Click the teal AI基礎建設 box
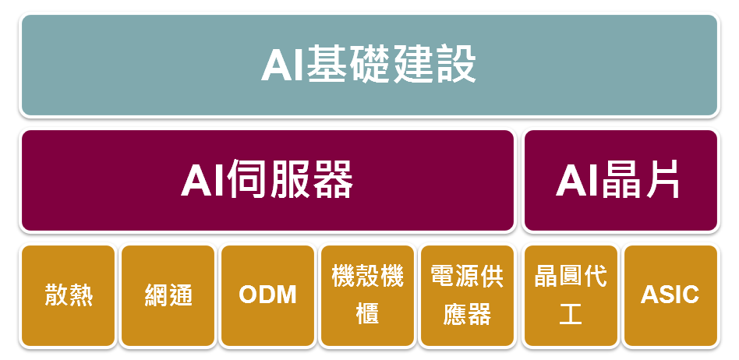tap(369, 65)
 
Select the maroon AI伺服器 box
tap(267, 181)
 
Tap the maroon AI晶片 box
tap(621, 181)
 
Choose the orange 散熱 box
tap(69, 296)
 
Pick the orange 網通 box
tap(168, 296)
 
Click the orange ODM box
tap(267, 296)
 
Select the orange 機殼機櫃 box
tap(368, 296)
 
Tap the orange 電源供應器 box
tap(467, 296)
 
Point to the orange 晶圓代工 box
tap(571, 296)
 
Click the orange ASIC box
tap(670, 296)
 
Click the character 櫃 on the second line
tap(368, 312)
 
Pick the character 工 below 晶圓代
tap(571, 312)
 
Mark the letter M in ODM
tap(285, 295)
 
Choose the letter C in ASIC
tap(690, 295)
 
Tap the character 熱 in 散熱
tap(80, 296)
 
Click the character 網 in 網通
tap(156, 296)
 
